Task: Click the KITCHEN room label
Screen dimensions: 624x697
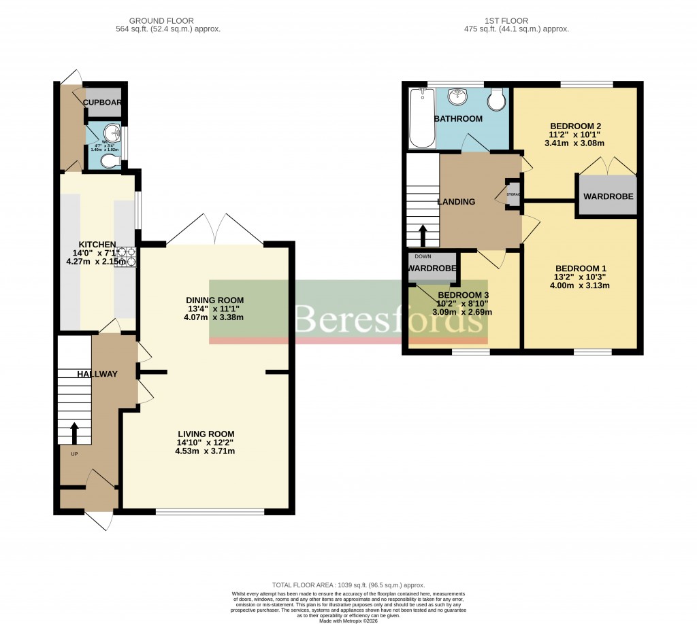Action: click(97, 245)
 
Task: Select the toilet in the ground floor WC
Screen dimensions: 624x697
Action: click(109, 161)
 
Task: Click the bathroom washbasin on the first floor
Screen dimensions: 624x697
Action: click(458, 97)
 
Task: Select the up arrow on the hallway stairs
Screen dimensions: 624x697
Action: click(74, 432)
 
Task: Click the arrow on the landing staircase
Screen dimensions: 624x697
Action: click(422, 236)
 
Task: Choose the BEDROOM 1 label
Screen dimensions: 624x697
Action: click(580, 268)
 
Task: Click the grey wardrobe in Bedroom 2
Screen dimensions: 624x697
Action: click(608, 196)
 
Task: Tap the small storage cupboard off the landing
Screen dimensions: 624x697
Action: click(513, 194)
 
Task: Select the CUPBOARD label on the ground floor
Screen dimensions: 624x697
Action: click(103, 103)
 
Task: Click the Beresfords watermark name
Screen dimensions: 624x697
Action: click(386, 318)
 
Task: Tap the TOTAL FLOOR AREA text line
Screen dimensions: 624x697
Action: click(348, 585)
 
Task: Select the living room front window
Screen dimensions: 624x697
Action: click(210, 511)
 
